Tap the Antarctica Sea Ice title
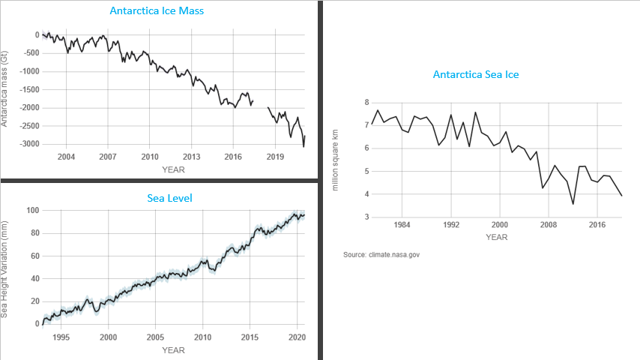(476, 74)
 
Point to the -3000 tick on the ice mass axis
(29, 144)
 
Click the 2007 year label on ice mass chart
(107, 157)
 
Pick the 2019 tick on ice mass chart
(275, 157)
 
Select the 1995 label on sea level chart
(61, 337)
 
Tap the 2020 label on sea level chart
(297, 337)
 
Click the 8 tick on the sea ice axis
(366, 102)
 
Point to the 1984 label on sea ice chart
(402, 224)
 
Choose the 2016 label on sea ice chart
(597, 224)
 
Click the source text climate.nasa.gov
(381, 255)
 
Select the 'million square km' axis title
(336, 160)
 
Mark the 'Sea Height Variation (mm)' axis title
(5, 268)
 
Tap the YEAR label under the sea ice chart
(496, 237)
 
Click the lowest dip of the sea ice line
(573, 203)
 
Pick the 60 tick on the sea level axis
(33, 256)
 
